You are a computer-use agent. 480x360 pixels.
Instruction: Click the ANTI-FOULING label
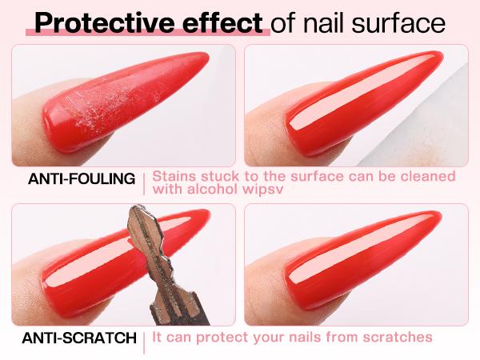click(82, 178)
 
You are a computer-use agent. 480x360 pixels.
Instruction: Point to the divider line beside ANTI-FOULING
click(144, 182)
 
